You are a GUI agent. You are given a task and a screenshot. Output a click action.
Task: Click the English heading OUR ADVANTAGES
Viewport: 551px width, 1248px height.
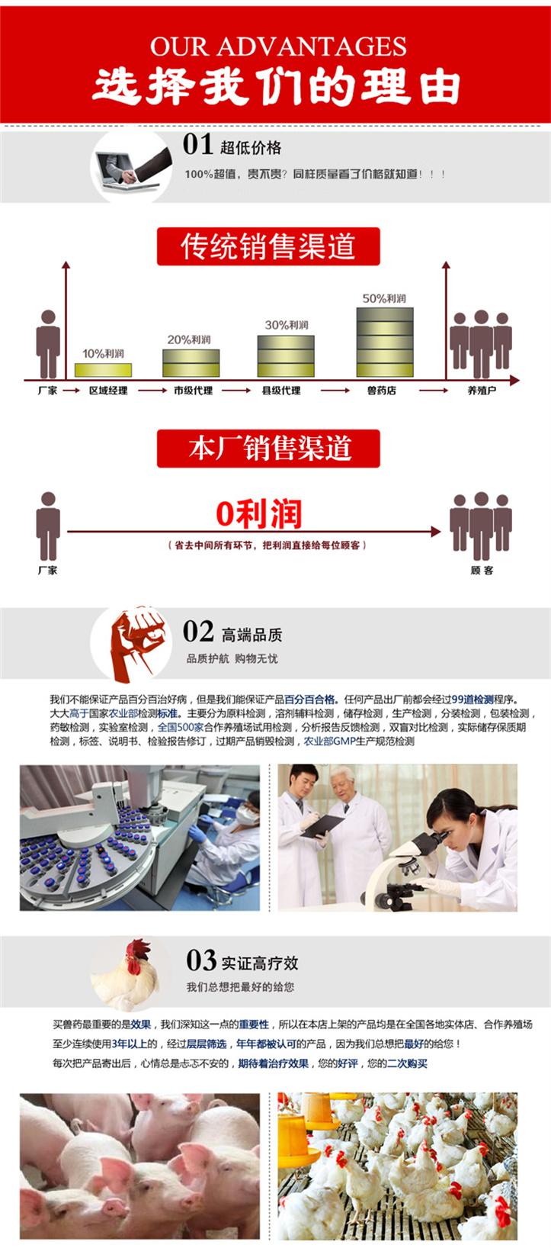click(278, 47)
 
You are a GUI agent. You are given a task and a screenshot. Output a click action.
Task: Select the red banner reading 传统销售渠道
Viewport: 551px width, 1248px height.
click(268, 246)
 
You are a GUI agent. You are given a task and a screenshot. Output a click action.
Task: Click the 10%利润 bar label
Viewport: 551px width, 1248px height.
click(103, 354)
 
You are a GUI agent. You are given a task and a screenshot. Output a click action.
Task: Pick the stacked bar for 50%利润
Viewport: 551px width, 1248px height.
click(385, 342)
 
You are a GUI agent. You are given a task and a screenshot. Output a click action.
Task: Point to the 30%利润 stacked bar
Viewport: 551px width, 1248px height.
click(286, 355)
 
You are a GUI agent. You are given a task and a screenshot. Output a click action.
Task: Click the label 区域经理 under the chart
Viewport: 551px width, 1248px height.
click(108, 391)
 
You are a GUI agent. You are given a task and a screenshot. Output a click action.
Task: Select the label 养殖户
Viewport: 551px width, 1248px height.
click(482, 391)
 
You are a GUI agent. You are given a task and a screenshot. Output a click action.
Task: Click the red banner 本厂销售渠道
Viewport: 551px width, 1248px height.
click(268, 449)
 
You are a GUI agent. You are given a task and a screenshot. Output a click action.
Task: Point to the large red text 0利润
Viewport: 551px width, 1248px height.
click(259, 513)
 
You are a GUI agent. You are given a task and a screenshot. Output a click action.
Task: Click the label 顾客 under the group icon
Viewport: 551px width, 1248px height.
click(482, 571)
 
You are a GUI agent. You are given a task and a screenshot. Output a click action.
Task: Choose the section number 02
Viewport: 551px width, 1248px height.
click(198, 631)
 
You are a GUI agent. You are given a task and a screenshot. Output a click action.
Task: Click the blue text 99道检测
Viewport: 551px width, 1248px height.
click(473, 700)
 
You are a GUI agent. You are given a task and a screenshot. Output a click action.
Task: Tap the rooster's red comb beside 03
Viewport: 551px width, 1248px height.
click(139, 949)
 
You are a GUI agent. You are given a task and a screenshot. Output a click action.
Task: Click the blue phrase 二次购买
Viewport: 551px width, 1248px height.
click(408, 1063)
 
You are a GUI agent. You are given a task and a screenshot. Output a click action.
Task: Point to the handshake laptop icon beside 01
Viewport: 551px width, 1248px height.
click(131, 169)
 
